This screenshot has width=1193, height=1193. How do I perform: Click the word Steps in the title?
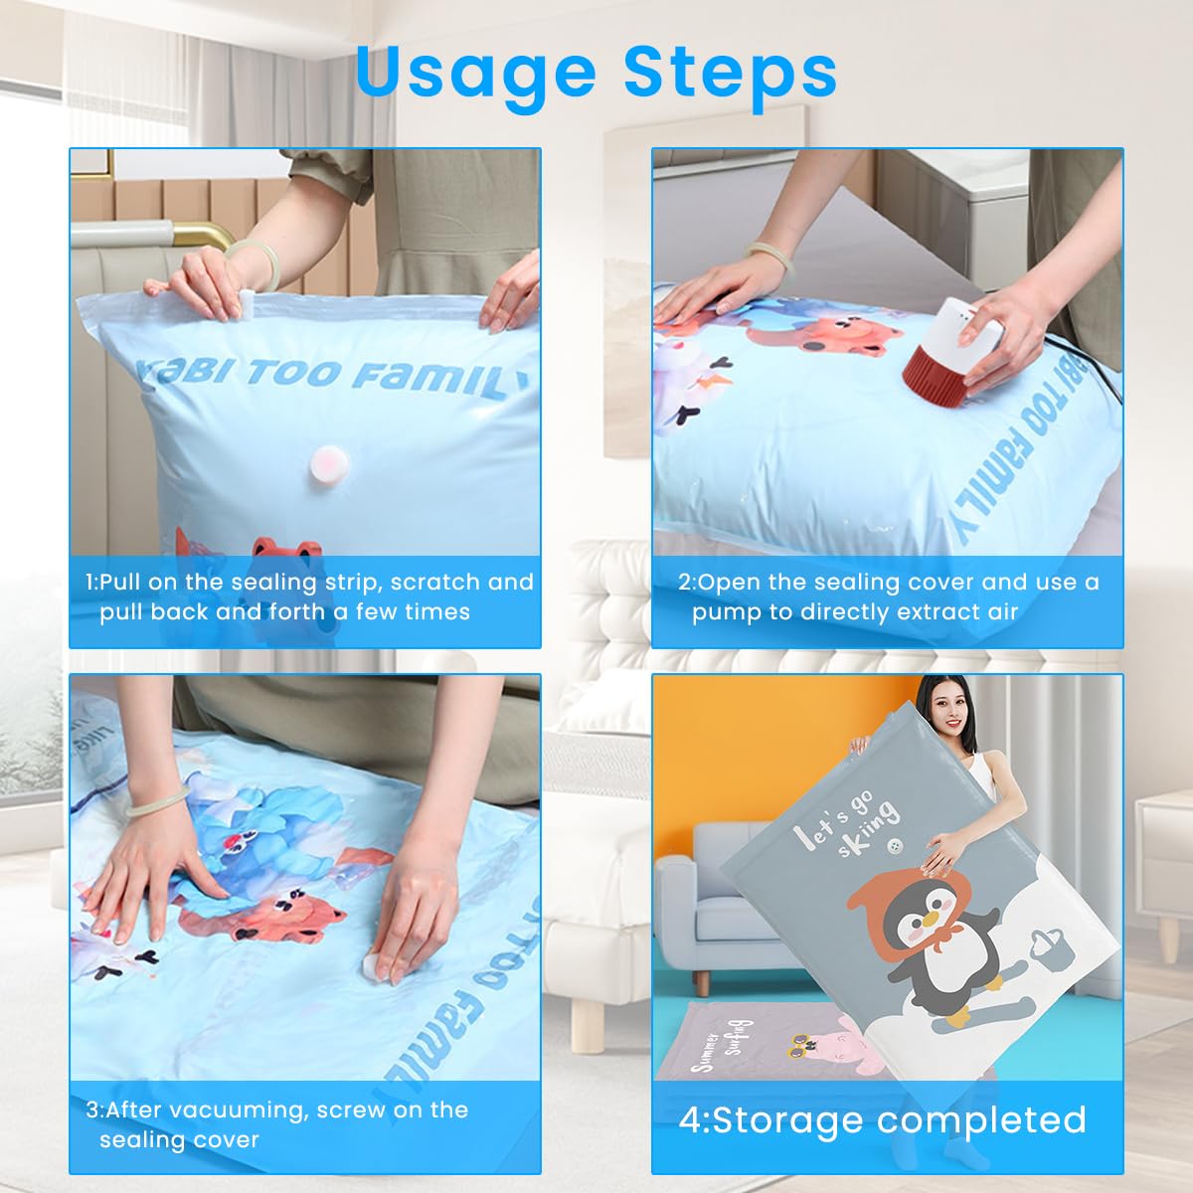pyautogui.click(x=730, y=72)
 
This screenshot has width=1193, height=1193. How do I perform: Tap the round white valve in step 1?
pyautogui.click(x=325, y=462)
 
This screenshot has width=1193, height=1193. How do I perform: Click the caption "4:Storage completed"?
pyautogui.click(x=883, y=1119)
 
